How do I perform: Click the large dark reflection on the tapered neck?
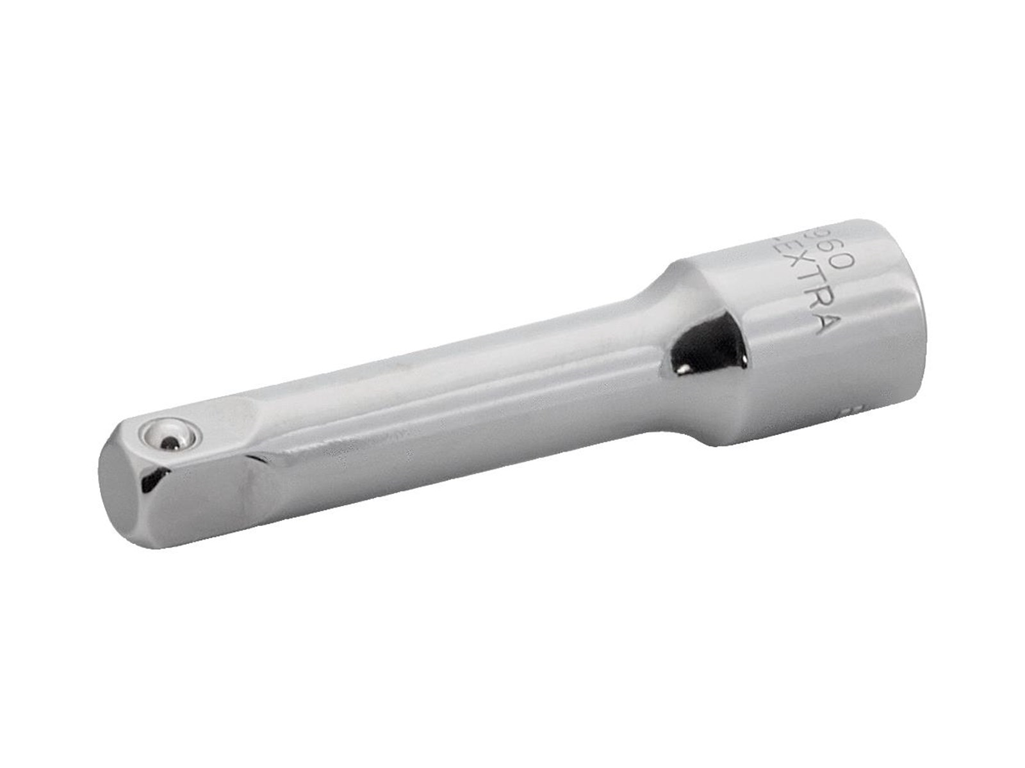pos(708,346)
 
